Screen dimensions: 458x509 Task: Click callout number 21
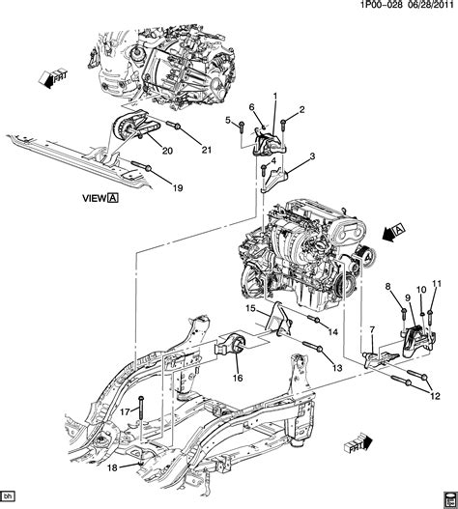pos(207,150)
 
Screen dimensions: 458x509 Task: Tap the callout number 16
pos(238,378)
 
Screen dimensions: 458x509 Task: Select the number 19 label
pos(178,188)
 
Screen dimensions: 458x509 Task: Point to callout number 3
pos(312,156)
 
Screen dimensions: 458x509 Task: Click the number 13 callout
pos(338,368)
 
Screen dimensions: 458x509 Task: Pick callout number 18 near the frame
pos(112,468)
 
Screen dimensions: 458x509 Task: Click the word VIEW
pos(94,198)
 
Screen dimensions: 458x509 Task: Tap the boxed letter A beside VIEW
pos(113,198)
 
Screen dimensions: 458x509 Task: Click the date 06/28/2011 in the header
pos(429,5)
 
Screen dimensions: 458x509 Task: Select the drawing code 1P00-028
pos(382,5)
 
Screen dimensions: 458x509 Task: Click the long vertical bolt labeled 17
pos(141,409)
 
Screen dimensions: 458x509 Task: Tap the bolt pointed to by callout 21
pos(173,125)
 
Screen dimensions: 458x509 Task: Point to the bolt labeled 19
pos(142,166)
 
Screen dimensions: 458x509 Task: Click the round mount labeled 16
pos(233,347)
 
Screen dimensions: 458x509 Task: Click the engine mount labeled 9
pos(417,341)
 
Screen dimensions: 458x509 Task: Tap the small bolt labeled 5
pos(242,127)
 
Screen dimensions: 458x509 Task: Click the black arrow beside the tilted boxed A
pos(388,235)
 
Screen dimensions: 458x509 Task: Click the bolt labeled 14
pos(313,320)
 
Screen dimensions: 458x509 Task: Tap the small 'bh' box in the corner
pos(8,496)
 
